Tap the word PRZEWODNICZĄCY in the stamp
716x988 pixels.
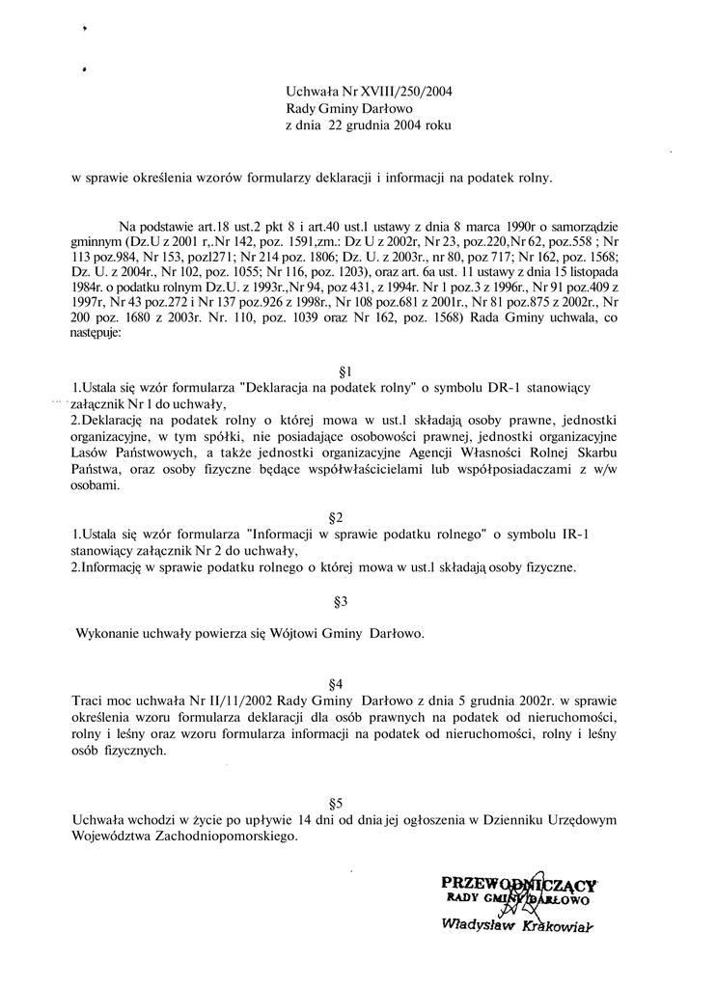[519, 882]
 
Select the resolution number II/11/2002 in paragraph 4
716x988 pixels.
[194, 700]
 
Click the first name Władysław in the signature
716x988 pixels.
[470, 924]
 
